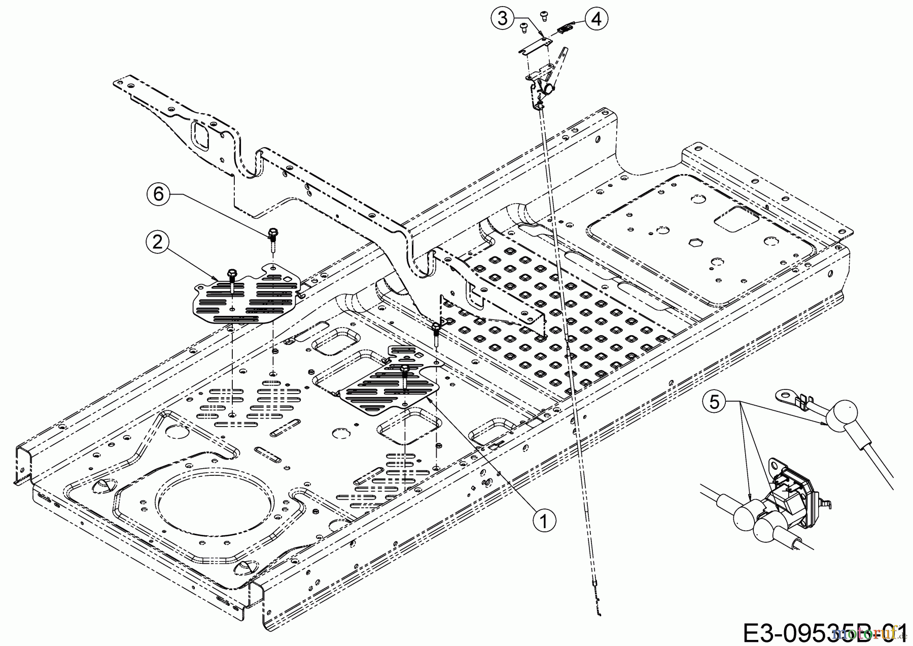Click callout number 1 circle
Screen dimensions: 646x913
543,521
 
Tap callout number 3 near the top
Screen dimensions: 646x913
502,19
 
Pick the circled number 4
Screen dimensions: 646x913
596,19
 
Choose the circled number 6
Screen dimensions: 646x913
159,195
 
